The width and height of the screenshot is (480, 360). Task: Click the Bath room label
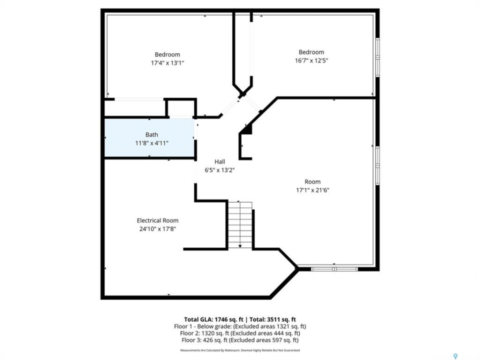tap(151, 134)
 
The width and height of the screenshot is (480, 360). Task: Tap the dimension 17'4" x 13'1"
tap(167, 63)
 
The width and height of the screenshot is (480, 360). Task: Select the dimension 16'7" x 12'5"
tap(311, 60)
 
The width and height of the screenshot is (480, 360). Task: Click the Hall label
tap(219, 161)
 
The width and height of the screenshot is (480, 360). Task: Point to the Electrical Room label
tap(157, 220)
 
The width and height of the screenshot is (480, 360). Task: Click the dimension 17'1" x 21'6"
tap(312, 190)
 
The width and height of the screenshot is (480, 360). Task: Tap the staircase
tap(240, 225)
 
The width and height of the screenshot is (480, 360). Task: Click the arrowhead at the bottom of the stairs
tap(240, 246)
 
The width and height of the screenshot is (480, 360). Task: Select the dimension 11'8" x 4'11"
tap(152, 143)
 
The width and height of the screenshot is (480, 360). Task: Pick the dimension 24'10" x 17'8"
tap(157, 228)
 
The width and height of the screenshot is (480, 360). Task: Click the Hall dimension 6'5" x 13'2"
tap(220, 170)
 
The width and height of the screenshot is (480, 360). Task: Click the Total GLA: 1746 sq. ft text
tap(213, 319)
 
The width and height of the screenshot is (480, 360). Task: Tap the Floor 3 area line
tap(240, 340)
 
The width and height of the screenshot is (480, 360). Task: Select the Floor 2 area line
tap(240, 333)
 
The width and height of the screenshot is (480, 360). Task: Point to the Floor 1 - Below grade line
tap(240, 326)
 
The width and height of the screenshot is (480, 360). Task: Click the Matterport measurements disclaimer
tap(240, 350)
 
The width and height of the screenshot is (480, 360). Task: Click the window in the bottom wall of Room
tap(334, 269)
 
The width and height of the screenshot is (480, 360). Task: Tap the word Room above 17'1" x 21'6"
tap(312, 182)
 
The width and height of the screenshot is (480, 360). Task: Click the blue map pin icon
tap(455, 356)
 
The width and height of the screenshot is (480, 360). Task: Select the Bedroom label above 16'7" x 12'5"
tap(311, 52)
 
